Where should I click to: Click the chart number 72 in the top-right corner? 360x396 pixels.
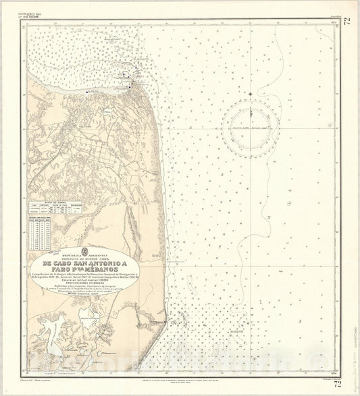[347, 22]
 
